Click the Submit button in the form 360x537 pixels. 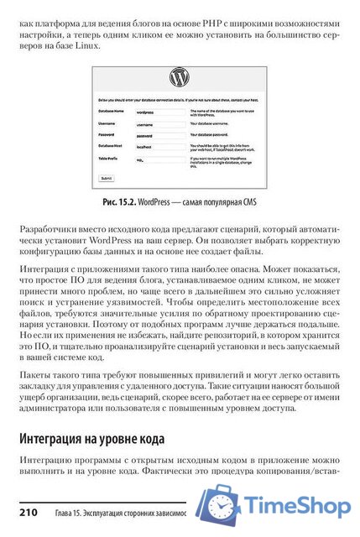pos(107,179)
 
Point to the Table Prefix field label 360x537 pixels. pos(111,156)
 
